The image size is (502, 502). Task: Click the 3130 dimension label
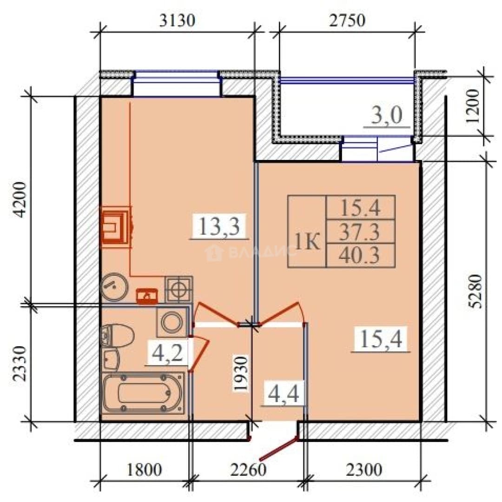[177, 20]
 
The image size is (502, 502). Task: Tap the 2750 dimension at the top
[347, 20]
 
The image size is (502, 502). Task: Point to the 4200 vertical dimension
[20, 200]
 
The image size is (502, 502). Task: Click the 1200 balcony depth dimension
[473, 106]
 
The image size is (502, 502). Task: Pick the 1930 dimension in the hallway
[241, 374]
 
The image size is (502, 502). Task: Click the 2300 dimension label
[364, 470]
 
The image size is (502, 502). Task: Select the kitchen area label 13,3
[219, 226]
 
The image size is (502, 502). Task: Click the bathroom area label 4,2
[167, 352]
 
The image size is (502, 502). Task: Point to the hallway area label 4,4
[284, 394]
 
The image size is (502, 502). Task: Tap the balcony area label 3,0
[386, 115]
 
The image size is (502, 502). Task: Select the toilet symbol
[117, 336]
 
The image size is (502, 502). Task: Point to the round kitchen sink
[114, 287]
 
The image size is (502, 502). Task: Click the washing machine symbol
[172, 322]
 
